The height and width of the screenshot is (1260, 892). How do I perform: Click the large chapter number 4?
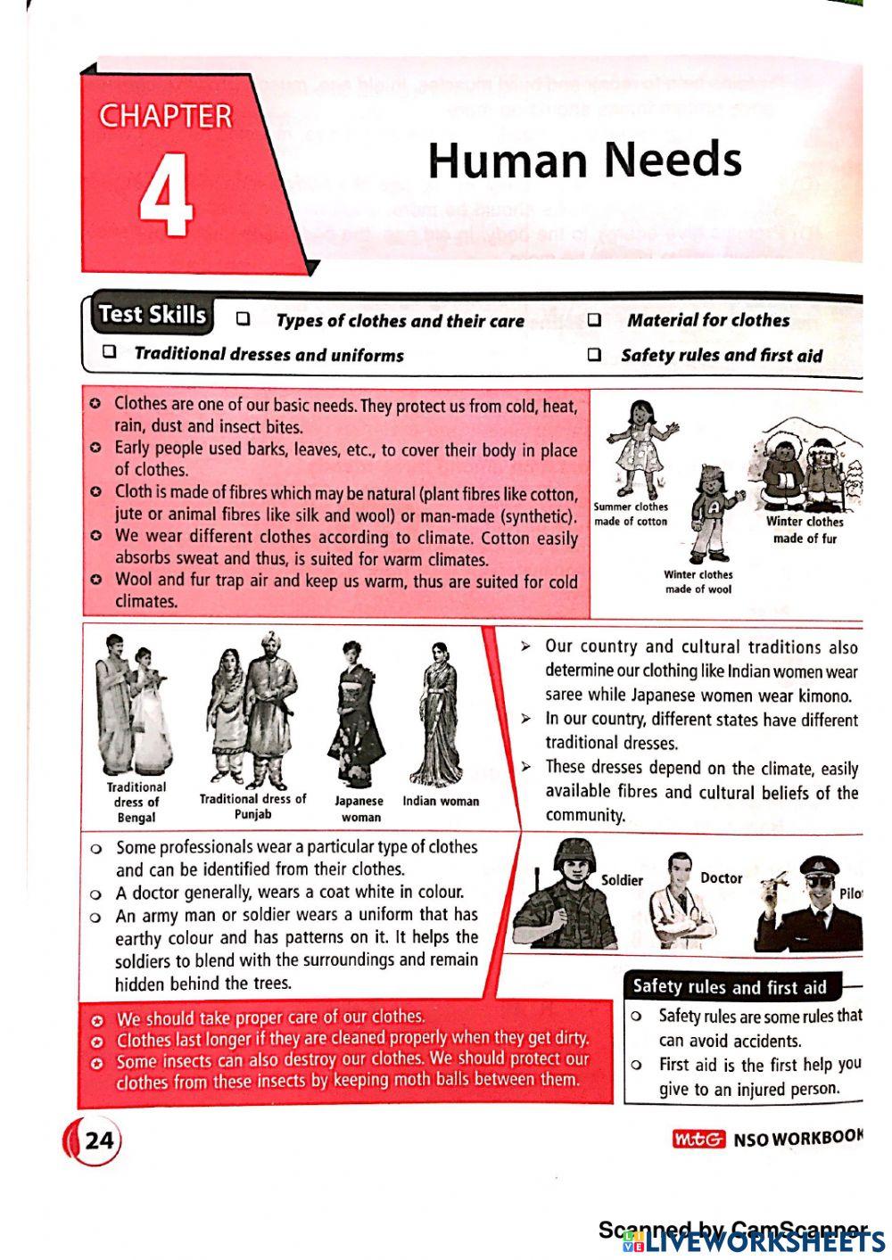click(x=167, y=194)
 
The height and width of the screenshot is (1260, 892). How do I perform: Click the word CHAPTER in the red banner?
click(x=166, y=117)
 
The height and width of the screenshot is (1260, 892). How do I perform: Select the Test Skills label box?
click(x=153, y=315)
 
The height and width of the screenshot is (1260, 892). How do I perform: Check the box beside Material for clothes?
click(x=594, y=320)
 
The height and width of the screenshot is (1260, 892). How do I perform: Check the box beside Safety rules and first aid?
click(x=594, y=355)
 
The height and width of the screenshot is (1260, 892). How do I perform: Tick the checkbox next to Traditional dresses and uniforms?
click(x=110, y=352)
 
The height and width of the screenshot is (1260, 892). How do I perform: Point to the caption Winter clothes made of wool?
click(x=698, y=581)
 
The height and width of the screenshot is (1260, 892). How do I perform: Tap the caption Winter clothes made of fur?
click(x=805, y=530)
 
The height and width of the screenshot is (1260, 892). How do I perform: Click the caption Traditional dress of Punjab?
click(x=252, y=806)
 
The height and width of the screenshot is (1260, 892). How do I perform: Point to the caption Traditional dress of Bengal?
click(x=136, y=802)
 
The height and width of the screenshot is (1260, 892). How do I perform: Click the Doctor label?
click(x=722, y=878)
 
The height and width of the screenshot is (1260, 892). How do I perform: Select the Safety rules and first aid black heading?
click(x=729, y=987)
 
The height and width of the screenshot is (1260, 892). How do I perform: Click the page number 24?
click(x=100, y=1140)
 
